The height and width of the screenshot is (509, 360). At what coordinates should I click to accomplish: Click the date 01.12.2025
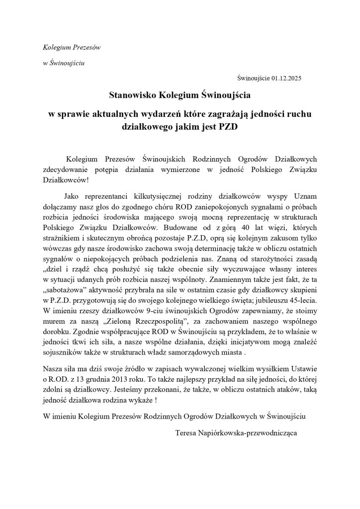[287, 78]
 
